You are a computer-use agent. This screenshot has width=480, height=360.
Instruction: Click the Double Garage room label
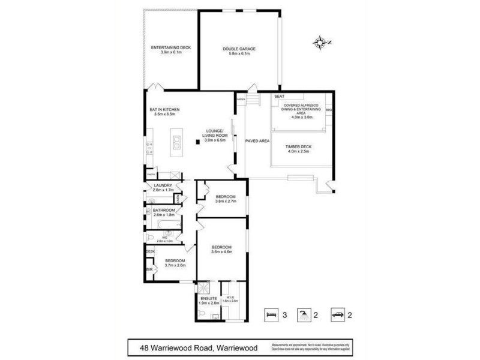point(239,51)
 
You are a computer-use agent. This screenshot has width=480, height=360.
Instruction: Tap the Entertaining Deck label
point(170,49)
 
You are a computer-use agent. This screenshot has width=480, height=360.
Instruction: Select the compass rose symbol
point(322,41)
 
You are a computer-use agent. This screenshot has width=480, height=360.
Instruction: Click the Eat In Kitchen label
point(164,112)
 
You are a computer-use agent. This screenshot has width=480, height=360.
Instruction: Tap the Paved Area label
point(257,140)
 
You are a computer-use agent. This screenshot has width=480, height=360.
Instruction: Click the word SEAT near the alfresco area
point(279,97)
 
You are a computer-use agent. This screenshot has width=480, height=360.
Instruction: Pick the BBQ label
point(328,110)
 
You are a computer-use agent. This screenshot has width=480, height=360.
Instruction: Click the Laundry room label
point(163,187)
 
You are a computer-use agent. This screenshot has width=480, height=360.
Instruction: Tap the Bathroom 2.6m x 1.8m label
point(164,212)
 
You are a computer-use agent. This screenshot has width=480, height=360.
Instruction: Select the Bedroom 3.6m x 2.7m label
point(226,199)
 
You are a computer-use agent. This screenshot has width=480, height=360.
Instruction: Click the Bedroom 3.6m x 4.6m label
point(226,249)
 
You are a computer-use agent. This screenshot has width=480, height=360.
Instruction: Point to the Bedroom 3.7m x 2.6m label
point(175,263)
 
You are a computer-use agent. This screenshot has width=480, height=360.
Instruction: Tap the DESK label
point(149,251)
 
